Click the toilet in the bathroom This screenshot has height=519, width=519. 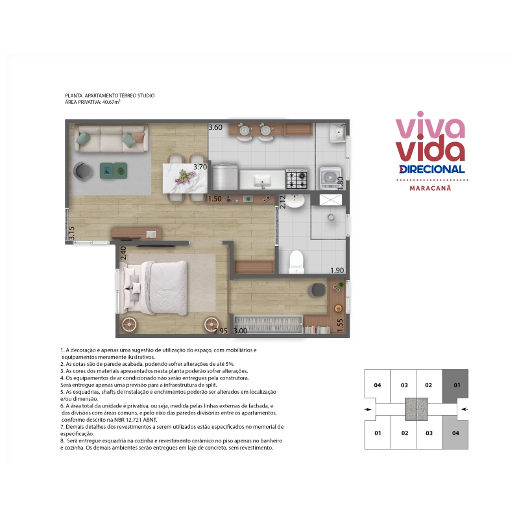(296, 261)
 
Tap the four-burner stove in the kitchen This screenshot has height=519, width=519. (296, 179)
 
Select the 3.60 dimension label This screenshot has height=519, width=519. (215, 127)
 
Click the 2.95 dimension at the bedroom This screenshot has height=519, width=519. (221, 331)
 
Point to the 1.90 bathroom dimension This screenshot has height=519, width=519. (337, 271)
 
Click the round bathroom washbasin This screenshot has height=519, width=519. (295, 200)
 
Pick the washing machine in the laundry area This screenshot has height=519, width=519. (330, 178)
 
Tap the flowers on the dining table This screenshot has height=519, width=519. (186, 175)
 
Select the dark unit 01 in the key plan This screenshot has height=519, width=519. (455, 385)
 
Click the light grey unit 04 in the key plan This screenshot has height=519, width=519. (455, 433)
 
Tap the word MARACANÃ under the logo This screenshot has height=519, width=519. (430, 188)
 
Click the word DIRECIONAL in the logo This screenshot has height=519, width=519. (432, 169)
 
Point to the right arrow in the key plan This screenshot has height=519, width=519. (465, 409)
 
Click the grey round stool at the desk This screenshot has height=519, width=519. (318, 290)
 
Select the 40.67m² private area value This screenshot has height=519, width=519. (111, 102)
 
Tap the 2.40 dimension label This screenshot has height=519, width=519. (123, 253)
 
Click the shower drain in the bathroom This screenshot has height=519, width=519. (331, 217)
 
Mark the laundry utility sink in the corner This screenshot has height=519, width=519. (337, 133)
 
